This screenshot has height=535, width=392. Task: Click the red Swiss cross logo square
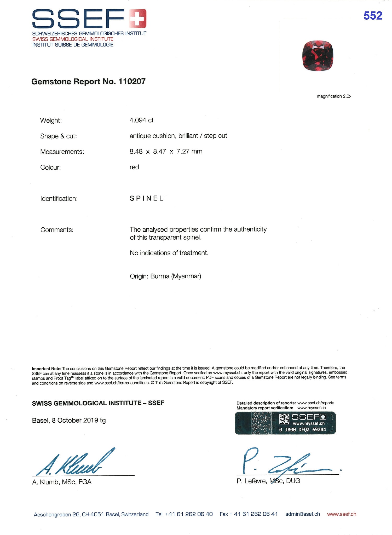point(138,18)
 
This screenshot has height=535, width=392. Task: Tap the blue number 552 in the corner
point(373,16)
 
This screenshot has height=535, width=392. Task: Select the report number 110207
point(132,82)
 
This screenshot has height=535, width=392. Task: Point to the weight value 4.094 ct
point(141,120)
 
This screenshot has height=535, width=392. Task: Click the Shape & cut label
point(58,136)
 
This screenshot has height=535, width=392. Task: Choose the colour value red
point(134,167)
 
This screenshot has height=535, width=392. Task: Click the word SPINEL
point(147,198)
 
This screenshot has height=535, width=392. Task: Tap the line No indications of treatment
point(169,253)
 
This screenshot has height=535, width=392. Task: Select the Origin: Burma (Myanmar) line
point(165,276)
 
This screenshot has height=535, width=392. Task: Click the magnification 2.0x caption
point(334,96)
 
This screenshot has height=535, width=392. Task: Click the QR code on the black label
point(284,419)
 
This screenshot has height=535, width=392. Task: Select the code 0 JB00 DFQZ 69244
point(302,429)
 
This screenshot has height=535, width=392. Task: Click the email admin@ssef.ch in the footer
point(302,514)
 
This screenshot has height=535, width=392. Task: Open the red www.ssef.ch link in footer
point(342,514)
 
